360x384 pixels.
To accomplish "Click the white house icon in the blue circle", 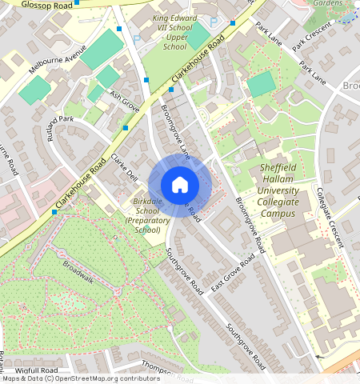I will coord(180,185).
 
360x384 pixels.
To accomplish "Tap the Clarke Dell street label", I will coord(125,166).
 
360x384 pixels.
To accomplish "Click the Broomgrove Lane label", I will coord(176,127).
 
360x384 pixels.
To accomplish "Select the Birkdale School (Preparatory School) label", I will coord(147,215).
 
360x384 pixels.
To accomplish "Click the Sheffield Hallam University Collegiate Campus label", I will coord(279,190).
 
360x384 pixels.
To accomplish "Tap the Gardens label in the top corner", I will coord(327,4).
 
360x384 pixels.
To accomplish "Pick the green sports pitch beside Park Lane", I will coord(260,85).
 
